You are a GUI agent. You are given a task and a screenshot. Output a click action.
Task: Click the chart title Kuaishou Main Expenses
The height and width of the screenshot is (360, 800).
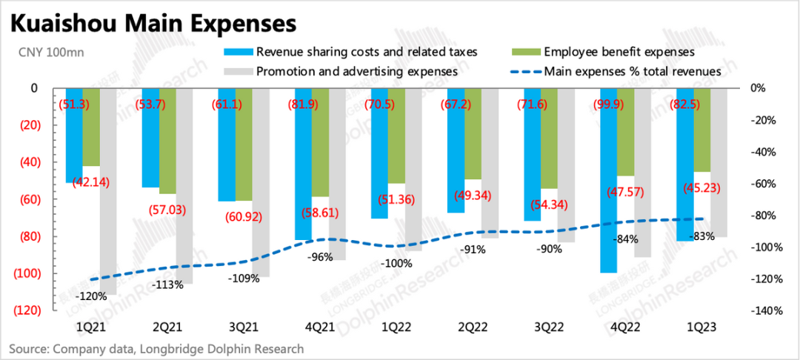point(153,22)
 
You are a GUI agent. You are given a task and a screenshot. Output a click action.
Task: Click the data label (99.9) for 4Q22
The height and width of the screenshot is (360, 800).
point(609,104)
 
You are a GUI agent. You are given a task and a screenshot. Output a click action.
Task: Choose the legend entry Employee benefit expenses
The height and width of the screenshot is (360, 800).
point(619,52)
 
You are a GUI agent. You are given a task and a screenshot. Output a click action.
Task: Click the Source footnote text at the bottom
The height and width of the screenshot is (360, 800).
point(156,348)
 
